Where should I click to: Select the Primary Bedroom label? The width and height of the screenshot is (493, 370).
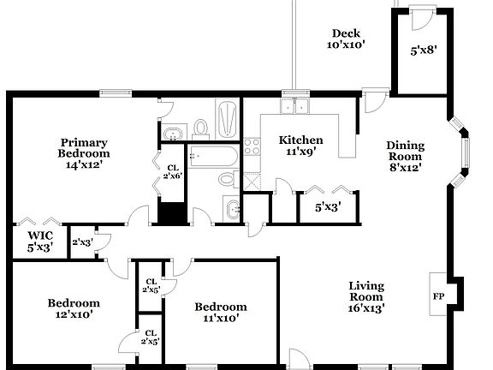(84, 153)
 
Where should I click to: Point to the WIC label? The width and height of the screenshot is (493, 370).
(40, 241)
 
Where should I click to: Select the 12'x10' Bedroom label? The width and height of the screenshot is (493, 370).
(73, 308)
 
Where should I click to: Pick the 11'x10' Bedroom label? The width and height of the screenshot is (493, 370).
(220, 312)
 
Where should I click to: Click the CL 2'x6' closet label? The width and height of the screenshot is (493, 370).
(173, 171)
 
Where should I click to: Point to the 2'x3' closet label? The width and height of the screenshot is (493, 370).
(82, 242)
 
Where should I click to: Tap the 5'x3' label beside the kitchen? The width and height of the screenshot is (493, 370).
(327, 206)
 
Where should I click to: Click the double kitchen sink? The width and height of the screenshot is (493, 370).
(296, 106)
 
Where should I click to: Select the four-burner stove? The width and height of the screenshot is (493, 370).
(252, 146)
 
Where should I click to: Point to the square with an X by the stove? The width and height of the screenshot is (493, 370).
(252, 180)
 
